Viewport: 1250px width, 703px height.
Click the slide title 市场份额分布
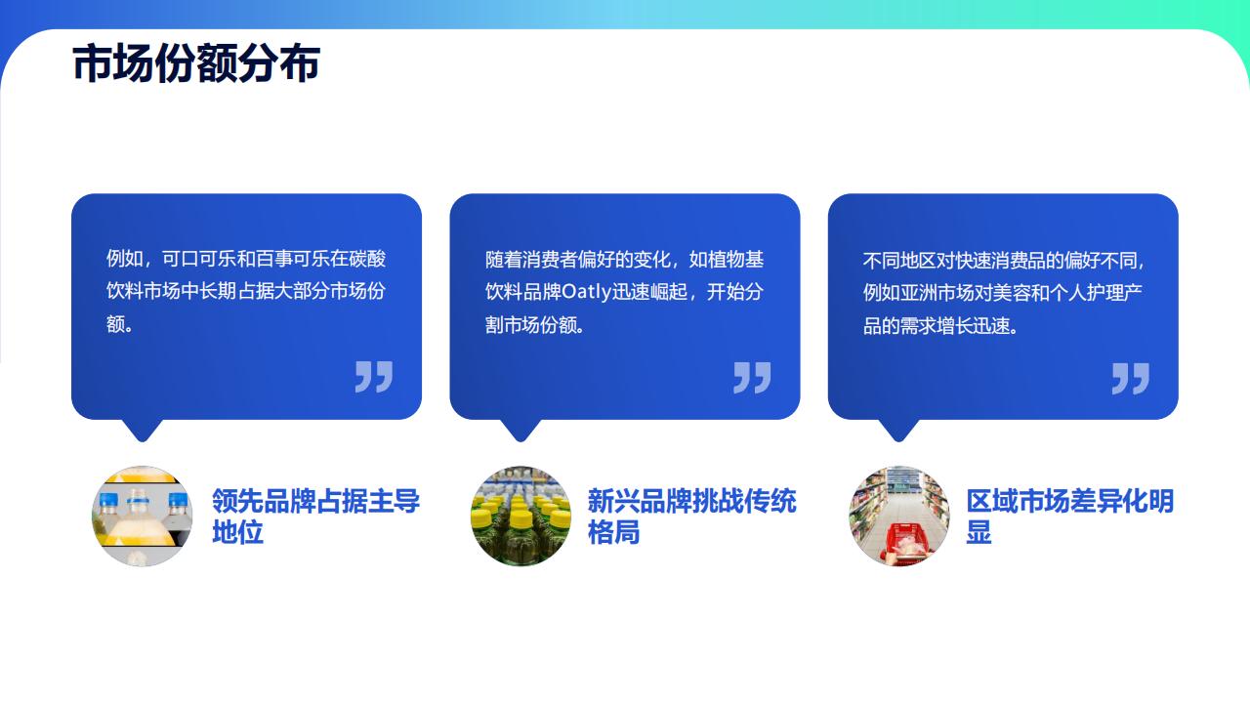tap(196, 63)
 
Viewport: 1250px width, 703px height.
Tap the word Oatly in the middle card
tap(586, 292)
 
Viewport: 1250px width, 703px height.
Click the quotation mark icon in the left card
tap(374, 377)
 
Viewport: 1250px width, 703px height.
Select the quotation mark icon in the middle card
tap(752, 378)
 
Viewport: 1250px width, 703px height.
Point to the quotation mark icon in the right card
tap(1131, 379)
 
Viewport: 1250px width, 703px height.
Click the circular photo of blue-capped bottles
tap(143, 517)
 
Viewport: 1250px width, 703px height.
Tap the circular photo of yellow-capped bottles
tap(521, 517)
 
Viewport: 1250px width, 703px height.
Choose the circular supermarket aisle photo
tap(899, 517)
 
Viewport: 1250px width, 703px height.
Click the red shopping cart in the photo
tap(906, 542)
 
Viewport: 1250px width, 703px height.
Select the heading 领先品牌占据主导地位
tap(315, 517)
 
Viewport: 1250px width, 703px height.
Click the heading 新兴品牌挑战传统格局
tap(692, 517)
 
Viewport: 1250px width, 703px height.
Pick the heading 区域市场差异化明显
tap(1070, 517)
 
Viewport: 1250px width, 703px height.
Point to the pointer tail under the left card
tap(143, 431)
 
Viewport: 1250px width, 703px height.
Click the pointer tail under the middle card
tap(521, 431)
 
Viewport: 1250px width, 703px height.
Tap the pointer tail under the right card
tap(899, 431)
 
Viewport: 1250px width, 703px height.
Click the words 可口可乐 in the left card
tap(198, 259)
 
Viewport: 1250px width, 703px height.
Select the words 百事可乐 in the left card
tap(292, 259)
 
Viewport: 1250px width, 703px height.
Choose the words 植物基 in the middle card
tap(735, 260)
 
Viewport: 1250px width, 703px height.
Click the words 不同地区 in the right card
tap(899, 261)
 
